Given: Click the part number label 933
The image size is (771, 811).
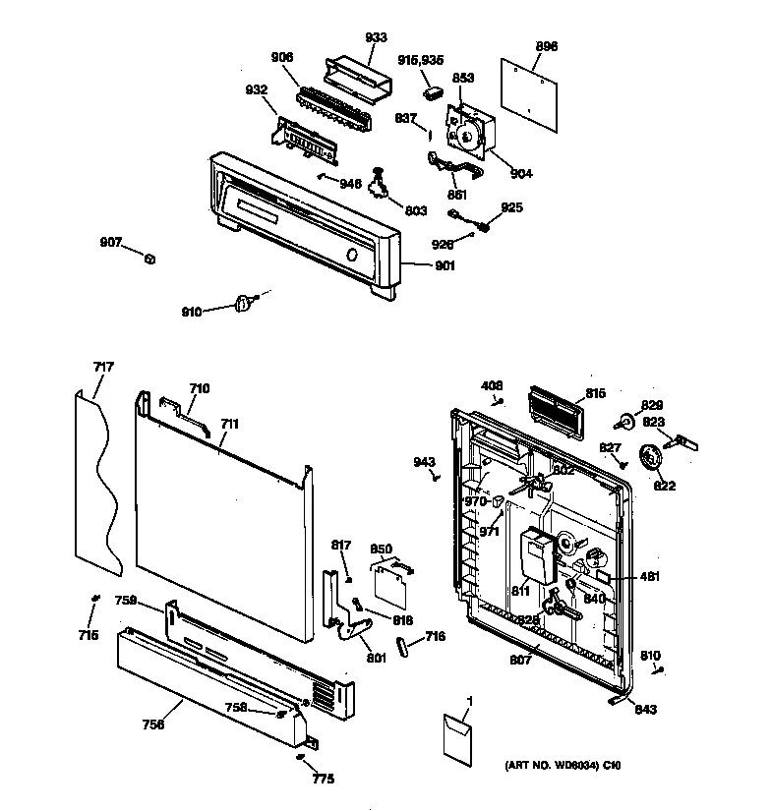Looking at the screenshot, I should click(x=375, y=37).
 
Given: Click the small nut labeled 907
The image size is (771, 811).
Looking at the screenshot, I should click(x=149, y=259).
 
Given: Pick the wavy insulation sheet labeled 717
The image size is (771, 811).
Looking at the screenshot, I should click(x=97, y=482).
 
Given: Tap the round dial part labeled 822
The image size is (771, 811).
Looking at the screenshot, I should click(x=650, y=458).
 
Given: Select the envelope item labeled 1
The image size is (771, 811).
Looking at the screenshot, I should click(x=456, y=737).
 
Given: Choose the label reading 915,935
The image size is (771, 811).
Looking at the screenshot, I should click(x=422, y=60).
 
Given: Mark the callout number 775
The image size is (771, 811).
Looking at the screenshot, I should click(x=323, y=780).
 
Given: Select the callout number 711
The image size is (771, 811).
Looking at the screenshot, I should click(x=230, y=424).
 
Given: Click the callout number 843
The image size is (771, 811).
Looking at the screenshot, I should click(x=645, y=709).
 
